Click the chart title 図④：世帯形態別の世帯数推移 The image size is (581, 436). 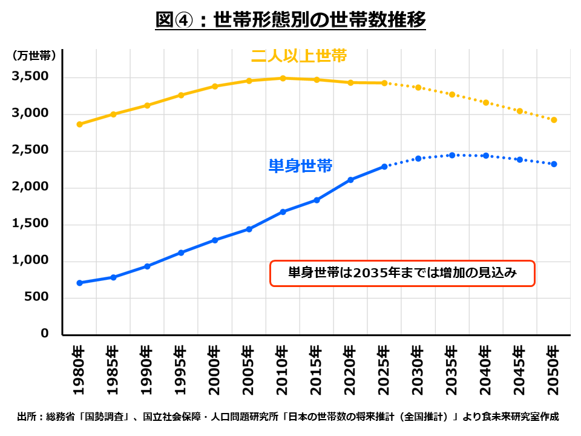coord(290,20)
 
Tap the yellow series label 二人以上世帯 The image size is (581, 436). coord(299,56)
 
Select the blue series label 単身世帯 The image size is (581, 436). coord(301,165)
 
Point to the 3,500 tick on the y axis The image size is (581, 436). coord(30,78)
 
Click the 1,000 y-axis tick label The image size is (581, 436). coord(30,261)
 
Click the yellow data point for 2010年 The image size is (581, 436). coord(283,78)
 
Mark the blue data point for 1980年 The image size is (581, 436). coord(79,283)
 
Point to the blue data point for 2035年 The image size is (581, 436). coord(452,155)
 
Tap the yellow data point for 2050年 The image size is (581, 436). coord(554,120)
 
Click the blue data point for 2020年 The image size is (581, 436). coord(350,180)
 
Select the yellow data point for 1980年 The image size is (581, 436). coord(79,124)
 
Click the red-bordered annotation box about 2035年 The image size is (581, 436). coord(402,273)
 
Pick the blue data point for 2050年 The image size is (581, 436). coord(554,164)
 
